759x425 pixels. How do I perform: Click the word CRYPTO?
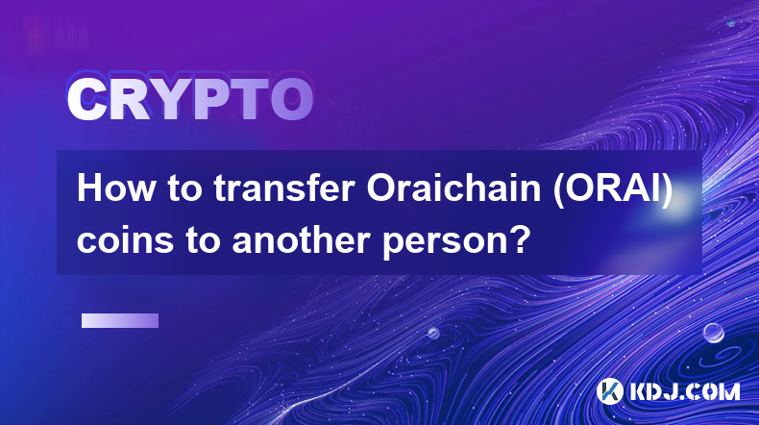coord(190,100)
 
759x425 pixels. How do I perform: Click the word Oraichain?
coord(453,188)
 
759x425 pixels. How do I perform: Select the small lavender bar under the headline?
coord(120,320)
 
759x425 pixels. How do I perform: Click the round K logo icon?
coord(609,391)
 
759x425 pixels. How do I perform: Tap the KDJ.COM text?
coord(684,391)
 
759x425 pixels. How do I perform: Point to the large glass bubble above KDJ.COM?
coord(713,333)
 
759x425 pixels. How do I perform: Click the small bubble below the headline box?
coord(432,333)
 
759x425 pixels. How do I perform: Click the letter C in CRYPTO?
coord(86,100)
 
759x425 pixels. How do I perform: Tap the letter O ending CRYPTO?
coord(291,100)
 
